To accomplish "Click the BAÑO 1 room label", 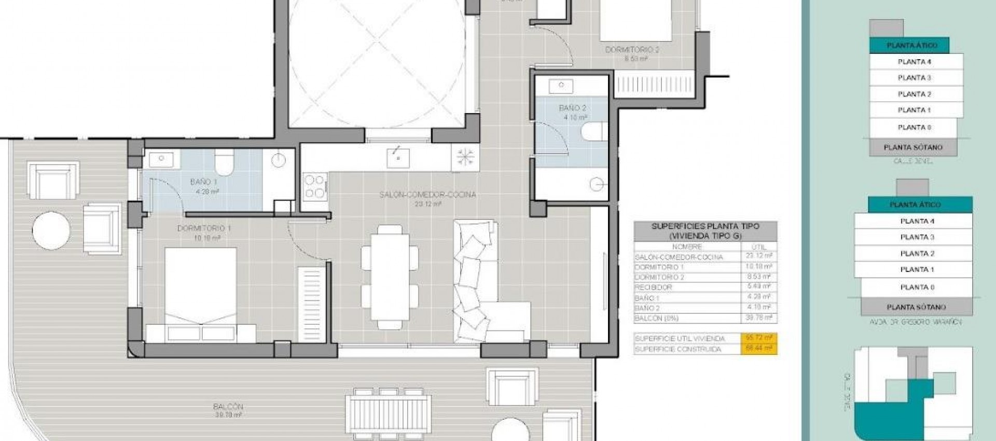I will click(x=203, y=182).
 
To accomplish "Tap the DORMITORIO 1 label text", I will click(x=204, y=228).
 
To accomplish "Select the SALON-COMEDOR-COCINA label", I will click(x=427, y=195).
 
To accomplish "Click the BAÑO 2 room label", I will click(x=572, y=108).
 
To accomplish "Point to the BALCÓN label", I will click(x=227, y=407).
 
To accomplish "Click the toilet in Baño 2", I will click(x=593, y=132).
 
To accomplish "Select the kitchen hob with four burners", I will click(x=314, y=186).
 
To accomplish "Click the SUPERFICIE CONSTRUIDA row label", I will click(x=677, y=349).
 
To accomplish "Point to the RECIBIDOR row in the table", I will click(x=653, y=287).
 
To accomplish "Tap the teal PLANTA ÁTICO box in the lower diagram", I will click(x=915, y=204).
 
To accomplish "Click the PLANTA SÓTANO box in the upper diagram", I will click(x=913, y=147).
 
